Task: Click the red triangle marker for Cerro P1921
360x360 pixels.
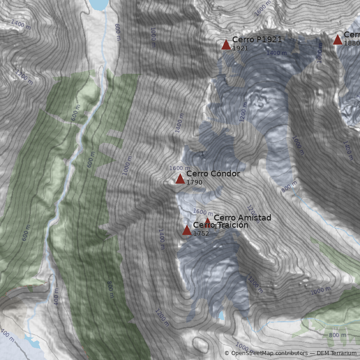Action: coord(226,45)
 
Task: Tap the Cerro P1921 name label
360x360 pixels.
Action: coord(257,40)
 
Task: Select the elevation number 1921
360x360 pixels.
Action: coord(240,48)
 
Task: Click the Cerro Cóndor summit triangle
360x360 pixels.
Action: coord(180,179)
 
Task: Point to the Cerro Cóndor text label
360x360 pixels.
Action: coord(213,174)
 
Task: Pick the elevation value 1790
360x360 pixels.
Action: coord(194,183)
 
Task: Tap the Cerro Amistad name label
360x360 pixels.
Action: coord(242,218)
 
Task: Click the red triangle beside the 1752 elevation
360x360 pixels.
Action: coord(187,230)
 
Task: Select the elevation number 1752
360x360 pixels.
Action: coord(201,234)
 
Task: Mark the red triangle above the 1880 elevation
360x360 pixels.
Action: coord(337,40)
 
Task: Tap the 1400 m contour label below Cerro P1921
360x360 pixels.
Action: coord(276,53)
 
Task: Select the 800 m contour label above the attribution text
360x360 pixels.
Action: coord(337,335)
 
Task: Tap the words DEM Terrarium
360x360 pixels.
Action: coord(337,353)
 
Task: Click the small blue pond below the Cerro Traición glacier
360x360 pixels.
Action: coord(221,315)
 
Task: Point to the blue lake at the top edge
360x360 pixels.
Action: coord(99,4)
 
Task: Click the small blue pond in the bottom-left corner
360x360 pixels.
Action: coord(29,338)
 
